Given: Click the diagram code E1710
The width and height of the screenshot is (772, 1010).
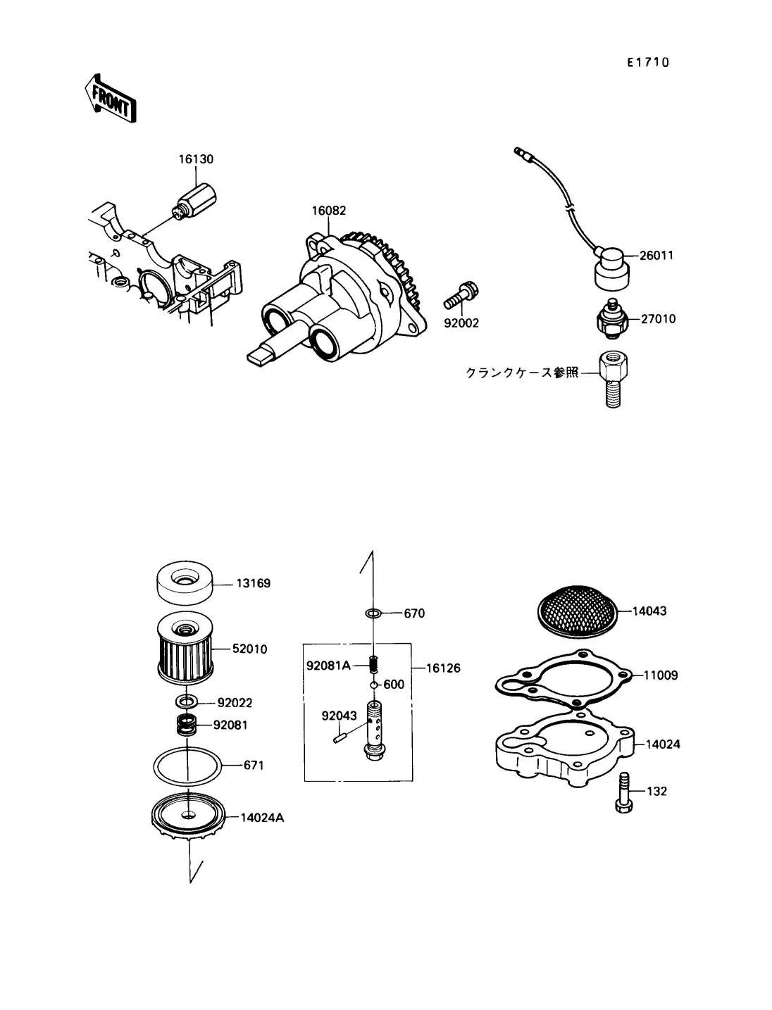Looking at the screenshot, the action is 648,62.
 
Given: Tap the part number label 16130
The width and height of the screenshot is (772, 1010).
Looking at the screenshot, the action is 196,159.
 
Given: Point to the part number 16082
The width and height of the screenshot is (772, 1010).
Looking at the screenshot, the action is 328,211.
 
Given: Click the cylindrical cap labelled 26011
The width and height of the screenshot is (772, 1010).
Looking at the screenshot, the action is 611,268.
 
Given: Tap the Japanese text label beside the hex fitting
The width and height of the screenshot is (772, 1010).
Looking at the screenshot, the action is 522,373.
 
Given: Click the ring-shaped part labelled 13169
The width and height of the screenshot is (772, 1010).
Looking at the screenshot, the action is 185,583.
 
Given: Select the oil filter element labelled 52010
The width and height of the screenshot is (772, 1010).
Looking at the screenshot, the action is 185,649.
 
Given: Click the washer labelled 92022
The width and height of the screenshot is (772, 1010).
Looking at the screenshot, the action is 187,702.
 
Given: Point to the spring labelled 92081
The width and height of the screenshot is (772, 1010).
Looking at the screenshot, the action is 187,725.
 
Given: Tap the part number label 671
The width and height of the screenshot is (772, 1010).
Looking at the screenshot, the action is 254,766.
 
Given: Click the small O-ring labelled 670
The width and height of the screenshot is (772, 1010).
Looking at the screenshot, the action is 373,613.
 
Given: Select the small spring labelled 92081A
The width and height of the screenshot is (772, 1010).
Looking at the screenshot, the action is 373,664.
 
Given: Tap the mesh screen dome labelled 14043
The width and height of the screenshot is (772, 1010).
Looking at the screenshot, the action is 578,611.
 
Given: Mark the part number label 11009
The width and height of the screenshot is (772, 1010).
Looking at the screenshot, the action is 661,675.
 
